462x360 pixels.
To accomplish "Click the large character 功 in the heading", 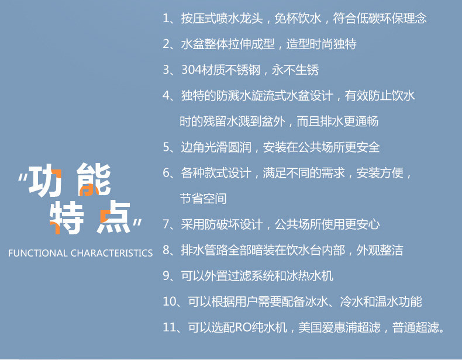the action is pos(45,180).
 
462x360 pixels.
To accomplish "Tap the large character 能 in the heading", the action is pos(94,179).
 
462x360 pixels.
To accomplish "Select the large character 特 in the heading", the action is pos(67,217).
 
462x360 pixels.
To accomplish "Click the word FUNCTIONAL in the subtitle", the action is pos(37,253).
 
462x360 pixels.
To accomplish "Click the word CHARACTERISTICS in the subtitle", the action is pos(112,253).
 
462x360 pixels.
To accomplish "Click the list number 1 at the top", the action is pos(166,19).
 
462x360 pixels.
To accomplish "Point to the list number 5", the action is pos(167,147).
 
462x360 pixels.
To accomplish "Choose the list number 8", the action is pos(167,250).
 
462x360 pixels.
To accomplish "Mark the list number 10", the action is pos(170,302).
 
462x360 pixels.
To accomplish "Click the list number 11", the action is pos(170,327).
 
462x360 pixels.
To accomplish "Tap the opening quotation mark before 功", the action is pos(23,177).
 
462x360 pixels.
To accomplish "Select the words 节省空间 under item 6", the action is pos(204,199).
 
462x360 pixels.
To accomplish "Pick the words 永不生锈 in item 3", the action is pos(295,70).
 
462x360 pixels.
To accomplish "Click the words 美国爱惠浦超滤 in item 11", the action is pos(339,327).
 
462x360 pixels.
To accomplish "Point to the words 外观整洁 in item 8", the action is pos(380,250).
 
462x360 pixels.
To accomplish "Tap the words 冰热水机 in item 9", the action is pos(310,276).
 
